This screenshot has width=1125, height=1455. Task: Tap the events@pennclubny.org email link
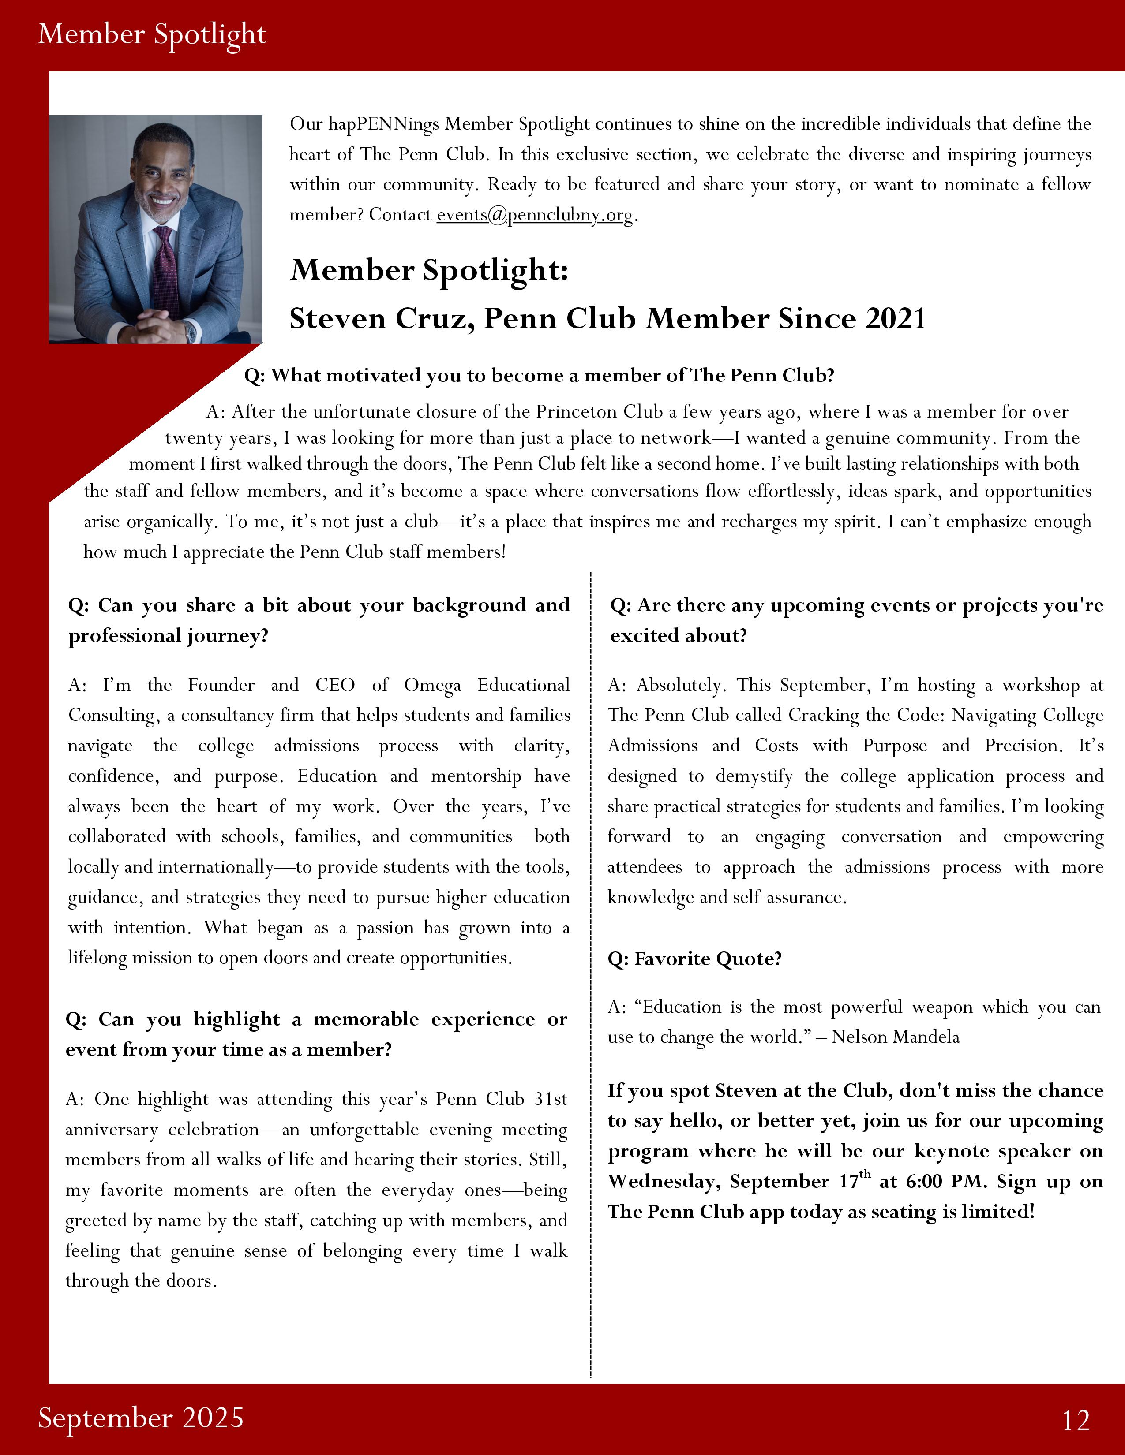point(535,215)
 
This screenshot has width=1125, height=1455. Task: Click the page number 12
point(1076,1420)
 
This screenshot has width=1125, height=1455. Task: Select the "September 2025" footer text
point(141,1417)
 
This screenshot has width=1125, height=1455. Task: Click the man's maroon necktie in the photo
point(165,266)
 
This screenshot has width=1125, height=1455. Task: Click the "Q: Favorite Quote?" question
point(694,959)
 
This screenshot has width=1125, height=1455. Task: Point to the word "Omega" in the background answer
point(432,686)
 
